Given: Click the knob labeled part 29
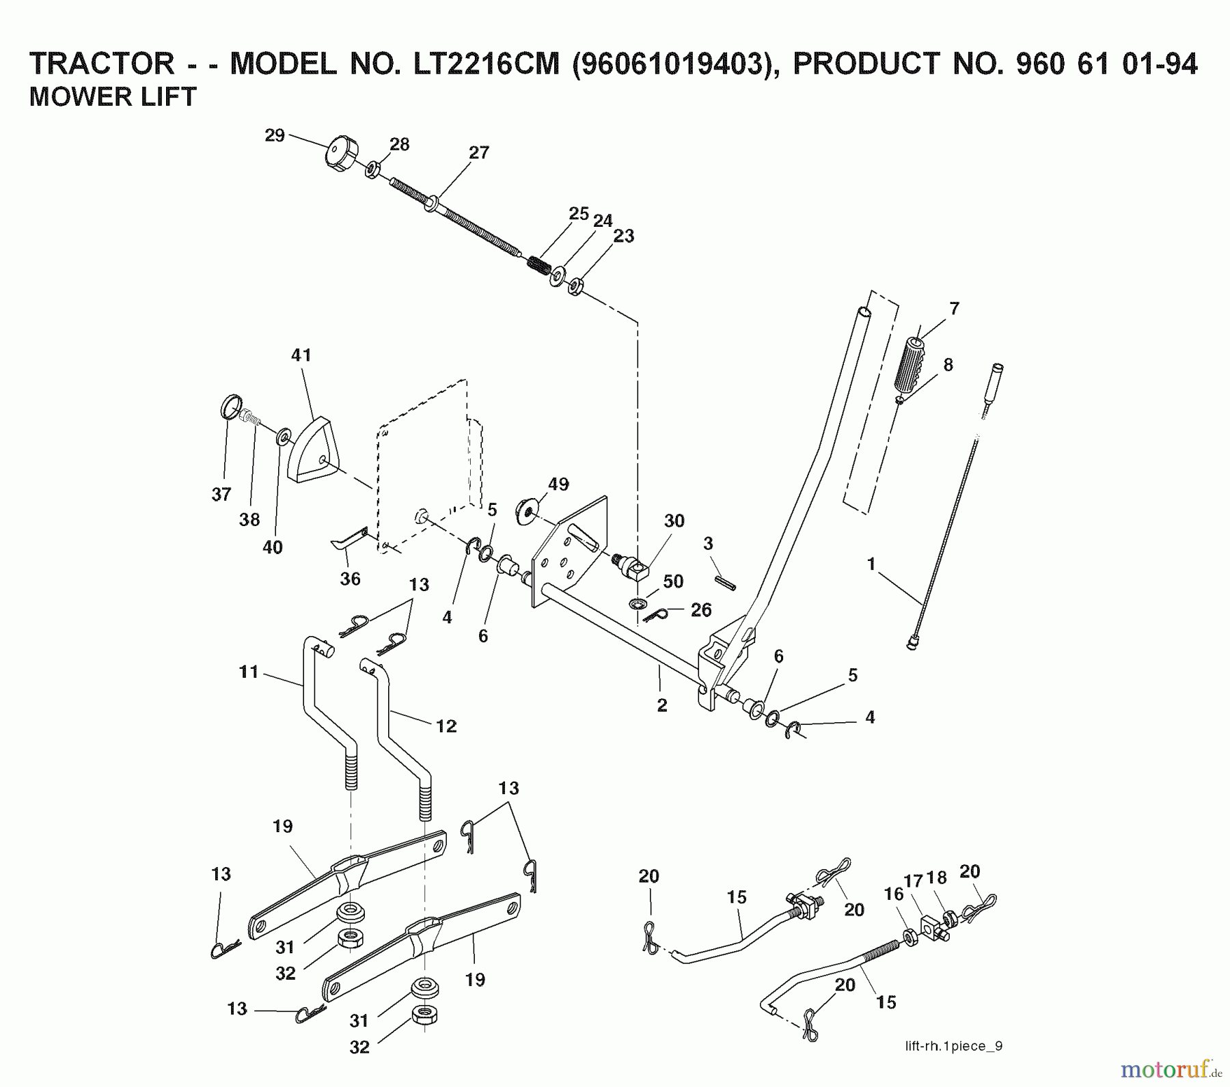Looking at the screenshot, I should click(x=341, y=154).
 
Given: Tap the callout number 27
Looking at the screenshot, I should click(x=479, y=152).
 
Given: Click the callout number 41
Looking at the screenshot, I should click(x=301, y=355).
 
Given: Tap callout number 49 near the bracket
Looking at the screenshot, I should click(x=558, y=484).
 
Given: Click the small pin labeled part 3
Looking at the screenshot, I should click(x=726, y=583).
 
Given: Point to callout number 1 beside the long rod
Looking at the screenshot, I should click(x=871, y=564).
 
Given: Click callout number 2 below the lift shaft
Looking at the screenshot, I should click(x=661, y=705).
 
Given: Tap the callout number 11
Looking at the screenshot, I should click(x=249, y=672).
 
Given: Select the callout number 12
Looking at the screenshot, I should click(x=446, y=726).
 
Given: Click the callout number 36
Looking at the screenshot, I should click(x=350, y=579).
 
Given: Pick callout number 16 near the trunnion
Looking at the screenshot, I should click(x=893, y=895).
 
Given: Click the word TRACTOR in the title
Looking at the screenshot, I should click(x=102, y=63).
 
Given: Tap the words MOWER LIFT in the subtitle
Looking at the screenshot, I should click(x=113, y=96).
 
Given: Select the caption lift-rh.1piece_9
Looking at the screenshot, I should click(x=953, y=1046).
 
